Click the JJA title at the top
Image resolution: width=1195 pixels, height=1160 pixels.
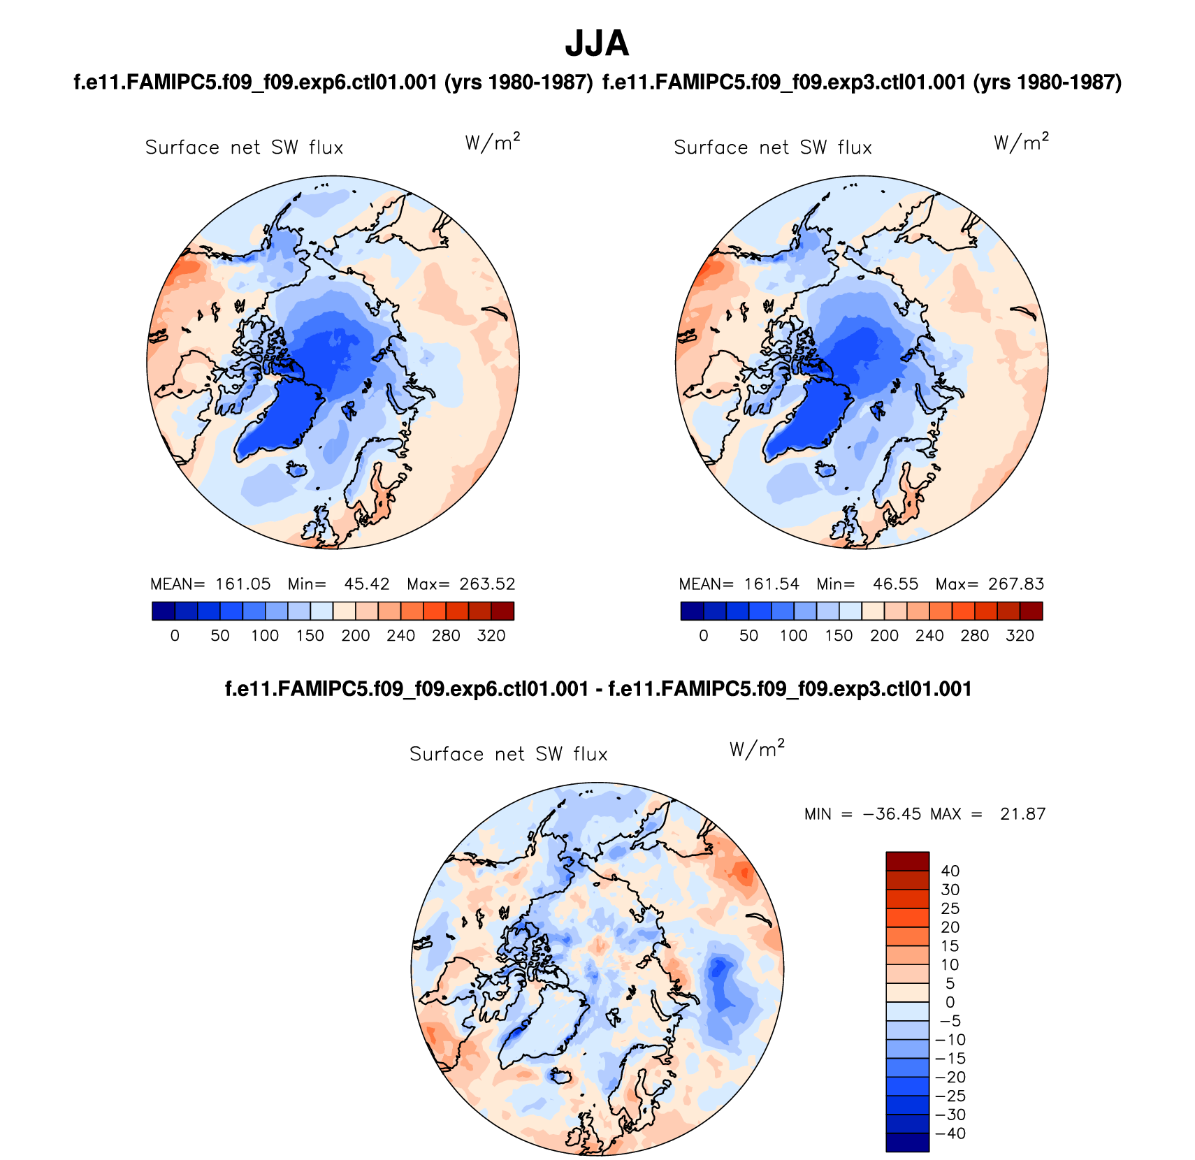pos(597,43)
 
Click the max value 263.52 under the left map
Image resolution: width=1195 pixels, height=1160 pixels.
pos(487,584)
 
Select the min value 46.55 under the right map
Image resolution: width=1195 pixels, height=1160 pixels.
pos(895,584)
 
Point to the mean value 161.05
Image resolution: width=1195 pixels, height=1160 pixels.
pos(242,584)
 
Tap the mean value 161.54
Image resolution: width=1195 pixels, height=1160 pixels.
pos(772,584)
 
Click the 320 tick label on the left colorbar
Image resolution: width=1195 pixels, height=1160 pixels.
pos(491,636)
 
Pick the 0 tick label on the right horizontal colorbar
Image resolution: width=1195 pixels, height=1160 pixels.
pos(704,636)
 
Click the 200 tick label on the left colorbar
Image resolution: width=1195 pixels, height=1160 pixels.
pos(356,636)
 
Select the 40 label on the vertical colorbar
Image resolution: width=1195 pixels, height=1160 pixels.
pos(950,871)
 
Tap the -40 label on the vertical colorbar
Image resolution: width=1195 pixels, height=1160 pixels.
pos(950,1133)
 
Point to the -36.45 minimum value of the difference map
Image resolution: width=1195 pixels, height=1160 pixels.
pos(892,814)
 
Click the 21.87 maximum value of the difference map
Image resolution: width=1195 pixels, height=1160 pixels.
pos(1022,814)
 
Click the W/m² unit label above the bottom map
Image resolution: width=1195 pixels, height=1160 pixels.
pos(757,749)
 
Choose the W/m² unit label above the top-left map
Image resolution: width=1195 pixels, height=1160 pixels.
pos(493,143)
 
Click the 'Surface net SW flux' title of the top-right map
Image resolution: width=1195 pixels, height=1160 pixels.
pos(773,148)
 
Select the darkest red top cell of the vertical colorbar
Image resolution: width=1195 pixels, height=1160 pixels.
pos(907,861)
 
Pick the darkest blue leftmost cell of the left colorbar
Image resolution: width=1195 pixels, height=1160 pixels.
pos(163,611)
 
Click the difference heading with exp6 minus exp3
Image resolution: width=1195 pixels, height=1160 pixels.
pos(598,690)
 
